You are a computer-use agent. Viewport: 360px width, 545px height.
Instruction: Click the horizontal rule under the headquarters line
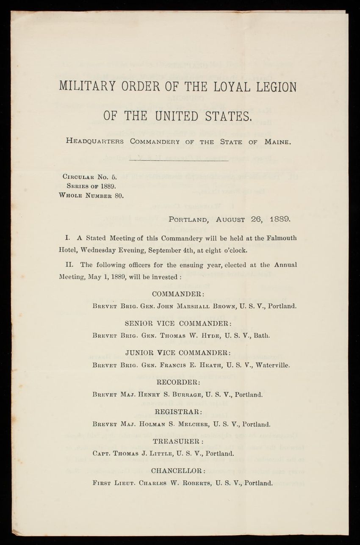(178, 160)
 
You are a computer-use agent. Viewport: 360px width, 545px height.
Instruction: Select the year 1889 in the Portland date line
(276, 219)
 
